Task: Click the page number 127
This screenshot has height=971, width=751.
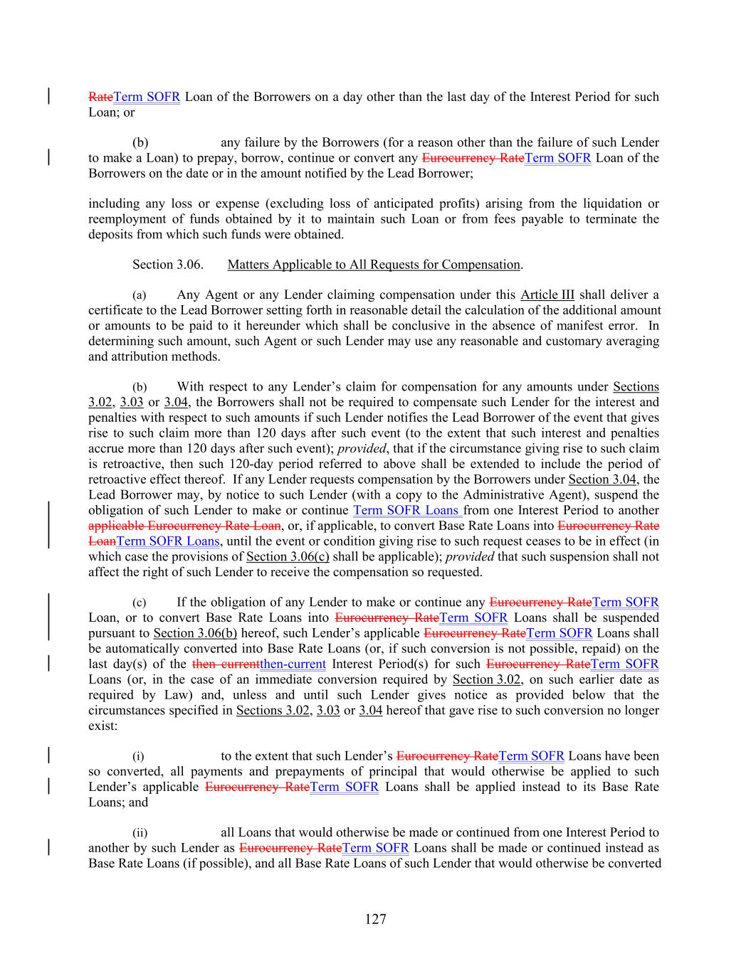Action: pyautogui.click(x=375, y=919)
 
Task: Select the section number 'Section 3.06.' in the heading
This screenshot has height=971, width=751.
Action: pyautogui.click(x=168, y=265)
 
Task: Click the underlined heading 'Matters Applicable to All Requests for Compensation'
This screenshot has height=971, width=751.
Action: pyautogui.click(x=374, y=265)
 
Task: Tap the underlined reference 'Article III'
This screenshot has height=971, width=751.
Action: pyautogui.click(x=547, y=295)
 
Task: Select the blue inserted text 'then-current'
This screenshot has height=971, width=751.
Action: pyautogui.click(x=293, y=664)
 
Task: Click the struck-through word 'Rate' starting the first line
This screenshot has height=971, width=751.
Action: pyautogui.click(x=100, y=97)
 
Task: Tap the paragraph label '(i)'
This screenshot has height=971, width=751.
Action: pyautogui.click(x=138, y=756)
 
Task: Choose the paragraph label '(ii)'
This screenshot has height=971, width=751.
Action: pyautogui.click(x=140, y=833)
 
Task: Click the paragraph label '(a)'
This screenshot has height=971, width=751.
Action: pyautogui.click(x=140, y=295)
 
